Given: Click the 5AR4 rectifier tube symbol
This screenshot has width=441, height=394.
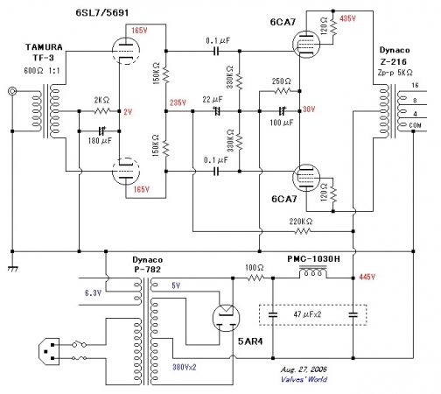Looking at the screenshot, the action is tap(226, 318).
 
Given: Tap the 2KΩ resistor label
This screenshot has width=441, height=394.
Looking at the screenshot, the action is tap(101, 100).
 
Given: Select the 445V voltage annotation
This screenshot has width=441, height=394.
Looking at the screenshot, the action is tap(367, 277).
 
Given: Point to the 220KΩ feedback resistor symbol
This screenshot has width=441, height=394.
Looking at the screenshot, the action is tap(302, 231).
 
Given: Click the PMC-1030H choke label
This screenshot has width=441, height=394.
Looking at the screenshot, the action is tap(313, 259).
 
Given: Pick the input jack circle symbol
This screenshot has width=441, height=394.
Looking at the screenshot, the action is tap(12, 91).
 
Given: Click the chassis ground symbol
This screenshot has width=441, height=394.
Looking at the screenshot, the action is tap(13, 269).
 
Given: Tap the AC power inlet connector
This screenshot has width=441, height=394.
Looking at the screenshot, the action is tap(49, 351).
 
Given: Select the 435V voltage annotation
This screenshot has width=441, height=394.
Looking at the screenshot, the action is tap(347, 18).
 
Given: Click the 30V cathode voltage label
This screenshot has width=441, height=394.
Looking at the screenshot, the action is tap(309, 109).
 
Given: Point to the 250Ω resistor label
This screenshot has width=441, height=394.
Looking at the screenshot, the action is tap(281, 81).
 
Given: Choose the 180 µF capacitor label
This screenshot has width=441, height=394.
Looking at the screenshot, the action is tap(100, 141).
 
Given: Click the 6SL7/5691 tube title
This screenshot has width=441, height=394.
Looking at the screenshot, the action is tap(102, 12).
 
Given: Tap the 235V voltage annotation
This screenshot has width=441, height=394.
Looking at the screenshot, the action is tap(178, 102).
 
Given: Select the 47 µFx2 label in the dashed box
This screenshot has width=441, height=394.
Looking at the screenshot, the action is tap(307, 314).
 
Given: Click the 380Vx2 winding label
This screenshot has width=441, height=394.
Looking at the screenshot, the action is tap(185, 367).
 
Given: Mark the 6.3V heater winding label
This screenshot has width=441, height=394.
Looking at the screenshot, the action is tap(93, 292).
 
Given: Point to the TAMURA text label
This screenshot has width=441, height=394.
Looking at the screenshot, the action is tap(44, 47).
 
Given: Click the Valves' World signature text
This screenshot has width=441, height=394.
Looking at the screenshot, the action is tap(304, 379).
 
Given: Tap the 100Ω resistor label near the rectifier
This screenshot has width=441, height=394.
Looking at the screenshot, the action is tap(255, 268).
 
